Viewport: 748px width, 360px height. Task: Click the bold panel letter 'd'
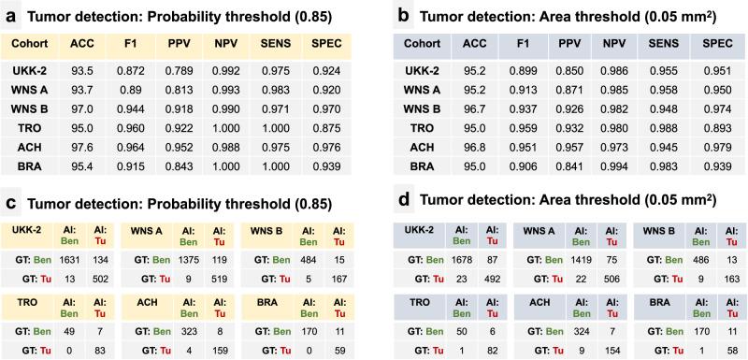tap(393, 199)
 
